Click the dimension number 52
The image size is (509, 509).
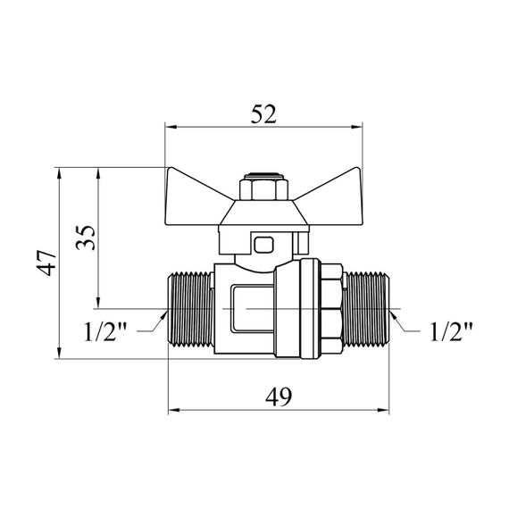263,114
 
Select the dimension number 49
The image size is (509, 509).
279,396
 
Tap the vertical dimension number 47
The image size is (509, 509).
46,263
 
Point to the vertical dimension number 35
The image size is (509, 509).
86,238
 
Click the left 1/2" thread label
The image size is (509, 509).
104,331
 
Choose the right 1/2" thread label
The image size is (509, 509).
451,331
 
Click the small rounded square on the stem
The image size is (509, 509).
263,245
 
